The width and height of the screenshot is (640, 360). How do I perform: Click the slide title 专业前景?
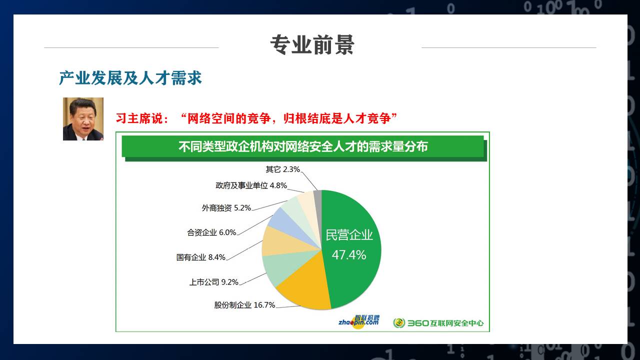(x=312, y=45)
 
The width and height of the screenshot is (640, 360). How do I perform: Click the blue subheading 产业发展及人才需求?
(x=130, y=78)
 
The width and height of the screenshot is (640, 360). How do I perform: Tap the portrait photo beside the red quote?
(x=83, y=119)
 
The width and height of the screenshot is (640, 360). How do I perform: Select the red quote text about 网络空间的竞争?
(x=256, y=118)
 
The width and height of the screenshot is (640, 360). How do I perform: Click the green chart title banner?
(x=303, y=146)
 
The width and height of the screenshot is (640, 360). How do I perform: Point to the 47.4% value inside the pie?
(x=349, y=255)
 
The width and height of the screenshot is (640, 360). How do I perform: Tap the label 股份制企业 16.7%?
(x=244, y=305)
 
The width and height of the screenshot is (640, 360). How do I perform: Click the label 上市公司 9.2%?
(x=213, y=282)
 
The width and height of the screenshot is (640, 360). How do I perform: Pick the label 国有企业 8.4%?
(x=201, y=257)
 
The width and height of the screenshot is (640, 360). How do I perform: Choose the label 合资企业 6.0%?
(x=211, y=232)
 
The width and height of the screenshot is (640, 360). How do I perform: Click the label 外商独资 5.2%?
(x=226, y=207)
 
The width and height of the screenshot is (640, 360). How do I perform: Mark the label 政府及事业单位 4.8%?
(x=251, y=185)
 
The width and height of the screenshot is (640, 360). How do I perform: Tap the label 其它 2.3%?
(x=283, y=169)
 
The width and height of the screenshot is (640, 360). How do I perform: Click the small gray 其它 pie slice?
(x=317, y=200)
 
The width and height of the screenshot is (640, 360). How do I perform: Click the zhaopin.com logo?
(x=359, y=321)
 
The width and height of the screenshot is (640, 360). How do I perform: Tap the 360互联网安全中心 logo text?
(x=445, y=323)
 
